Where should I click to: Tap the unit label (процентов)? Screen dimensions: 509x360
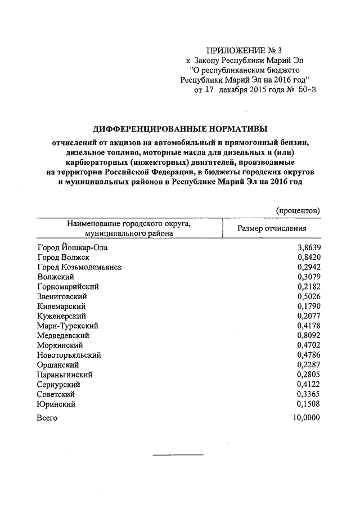tap(298, 210)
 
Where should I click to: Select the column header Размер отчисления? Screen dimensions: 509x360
tap(272, 228)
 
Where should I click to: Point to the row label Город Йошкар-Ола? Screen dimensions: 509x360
tap(71, 247)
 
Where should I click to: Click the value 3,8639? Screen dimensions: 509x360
tap(307, 247)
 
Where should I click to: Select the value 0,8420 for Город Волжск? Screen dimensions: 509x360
tap(307, 257)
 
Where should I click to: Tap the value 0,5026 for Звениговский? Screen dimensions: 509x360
tap(307, 296)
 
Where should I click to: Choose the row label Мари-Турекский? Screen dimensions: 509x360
tap(68, 326)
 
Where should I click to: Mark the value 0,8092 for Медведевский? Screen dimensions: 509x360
tap(307, 335)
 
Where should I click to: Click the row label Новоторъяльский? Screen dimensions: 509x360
tap(69, 355)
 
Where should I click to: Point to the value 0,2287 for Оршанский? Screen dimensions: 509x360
tap(307, 364)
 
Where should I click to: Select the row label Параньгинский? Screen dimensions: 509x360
tap(65, 375)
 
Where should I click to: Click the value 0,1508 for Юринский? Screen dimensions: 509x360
tap(307, 404)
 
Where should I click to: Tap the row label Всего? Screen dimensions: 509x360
tap(47, 418)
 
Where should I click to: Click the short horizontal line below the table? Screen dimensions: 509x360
tap(179, 454)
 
